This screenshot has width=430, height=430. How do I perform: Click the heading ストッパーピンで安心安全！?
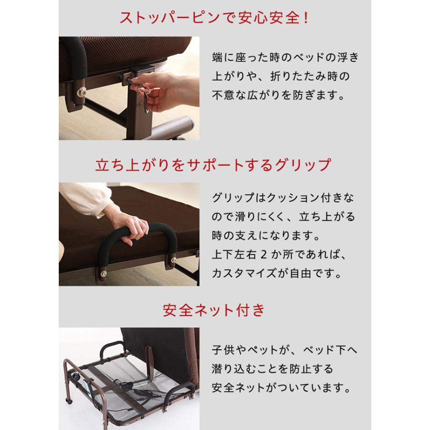click(x=215, y=20)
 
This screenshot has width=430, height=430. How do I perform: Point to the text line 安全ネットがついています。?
click(x=285, y=387)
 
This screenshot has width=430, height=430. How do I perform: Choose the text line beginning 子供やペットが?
click(x=284, y=349)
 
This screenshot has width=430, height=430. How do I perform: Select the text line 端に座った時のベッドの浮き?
click(x=285, y=57)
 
